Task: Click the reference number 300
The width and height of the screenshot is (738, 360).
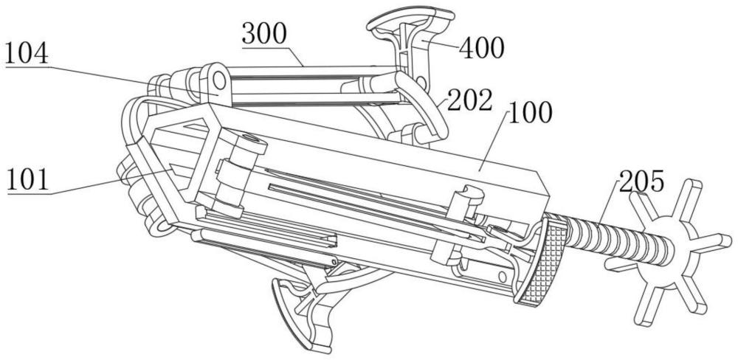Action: [x=265, y=33]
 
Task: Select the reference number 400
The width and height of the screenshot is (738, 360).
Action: [x=481, y=49]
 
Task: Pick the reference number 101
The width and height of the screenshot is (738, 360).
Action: [x=28, y=180]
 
